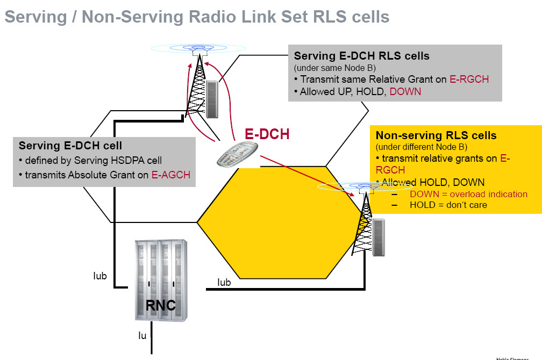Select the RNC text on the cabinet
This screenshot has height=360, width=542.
click(161, 305)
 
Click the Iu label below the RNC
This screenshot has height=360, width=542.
click(142, 336)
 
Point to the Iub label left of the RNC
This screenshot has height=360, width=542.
click(100, 276)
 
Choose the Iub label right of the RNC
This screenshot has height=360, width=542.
click(224, 282)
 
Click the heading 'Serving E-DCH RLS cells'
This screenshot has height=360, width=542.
click(361, 56)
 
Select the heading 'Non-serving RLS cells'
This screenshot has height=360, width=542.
click(436, 135)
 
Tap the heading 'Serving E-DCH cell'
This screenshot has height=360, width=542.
click(70, 146)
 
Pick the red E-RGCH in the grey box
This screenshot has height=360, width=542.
click(469, 79)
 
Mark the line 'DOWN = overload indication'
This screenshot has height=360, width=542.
click(468, 194)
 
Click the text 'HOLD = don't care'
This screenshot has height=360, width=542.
click(448, 205)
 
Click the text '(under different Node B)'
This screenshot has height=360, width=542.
click(421, 147)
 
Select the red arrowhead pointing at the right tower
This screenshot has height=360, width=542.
click(353, 195)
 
